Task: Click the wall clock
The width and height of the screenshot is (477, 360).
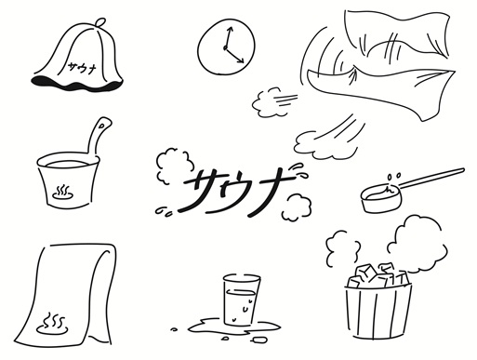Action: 226,47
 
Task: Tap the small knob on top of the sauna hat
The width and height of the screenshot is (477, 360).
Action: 99,22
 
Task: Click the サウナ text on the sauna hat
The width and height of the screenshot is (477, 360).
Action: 81,67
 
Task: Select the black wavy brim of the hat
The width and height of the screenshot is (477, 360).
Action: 77,84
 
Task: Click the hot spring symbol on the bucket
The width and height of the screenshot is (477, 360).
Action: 62,193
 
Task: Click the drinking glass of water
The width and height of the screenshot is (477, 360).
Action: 241,300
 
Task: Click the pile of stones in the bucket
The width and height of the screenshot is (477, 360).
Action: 378,275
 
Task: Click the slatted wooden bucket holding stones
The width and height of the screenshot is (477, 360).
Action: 378,310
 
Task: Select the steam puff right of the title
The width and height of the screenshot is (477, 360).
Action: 297,207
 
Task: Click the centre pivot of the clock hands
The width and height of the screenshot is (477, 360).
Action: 225,47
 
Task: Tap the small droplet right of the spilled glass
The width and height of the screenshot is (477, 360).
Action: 259,340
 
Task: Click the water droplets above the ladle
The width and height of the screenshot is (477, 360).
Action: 393,176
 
